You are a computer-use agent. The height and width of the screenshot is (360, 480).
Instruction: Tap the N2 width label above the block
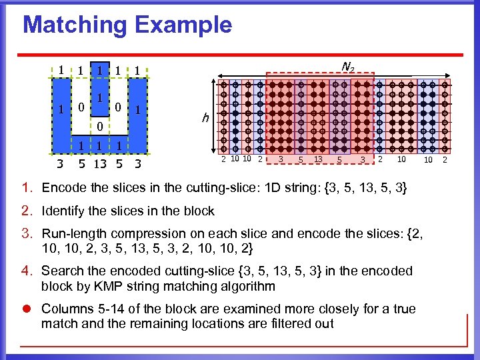tap(347, 66)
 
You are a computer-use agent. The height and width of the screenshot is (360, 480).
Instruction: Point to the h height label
tap(205, 118)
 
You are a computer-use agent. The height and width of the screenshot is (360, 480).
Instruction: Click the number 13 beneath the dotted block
tap(318, 160)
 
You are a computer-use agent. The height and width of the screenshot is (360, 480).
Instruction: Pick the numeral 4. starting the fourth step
tap(28, 271)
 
